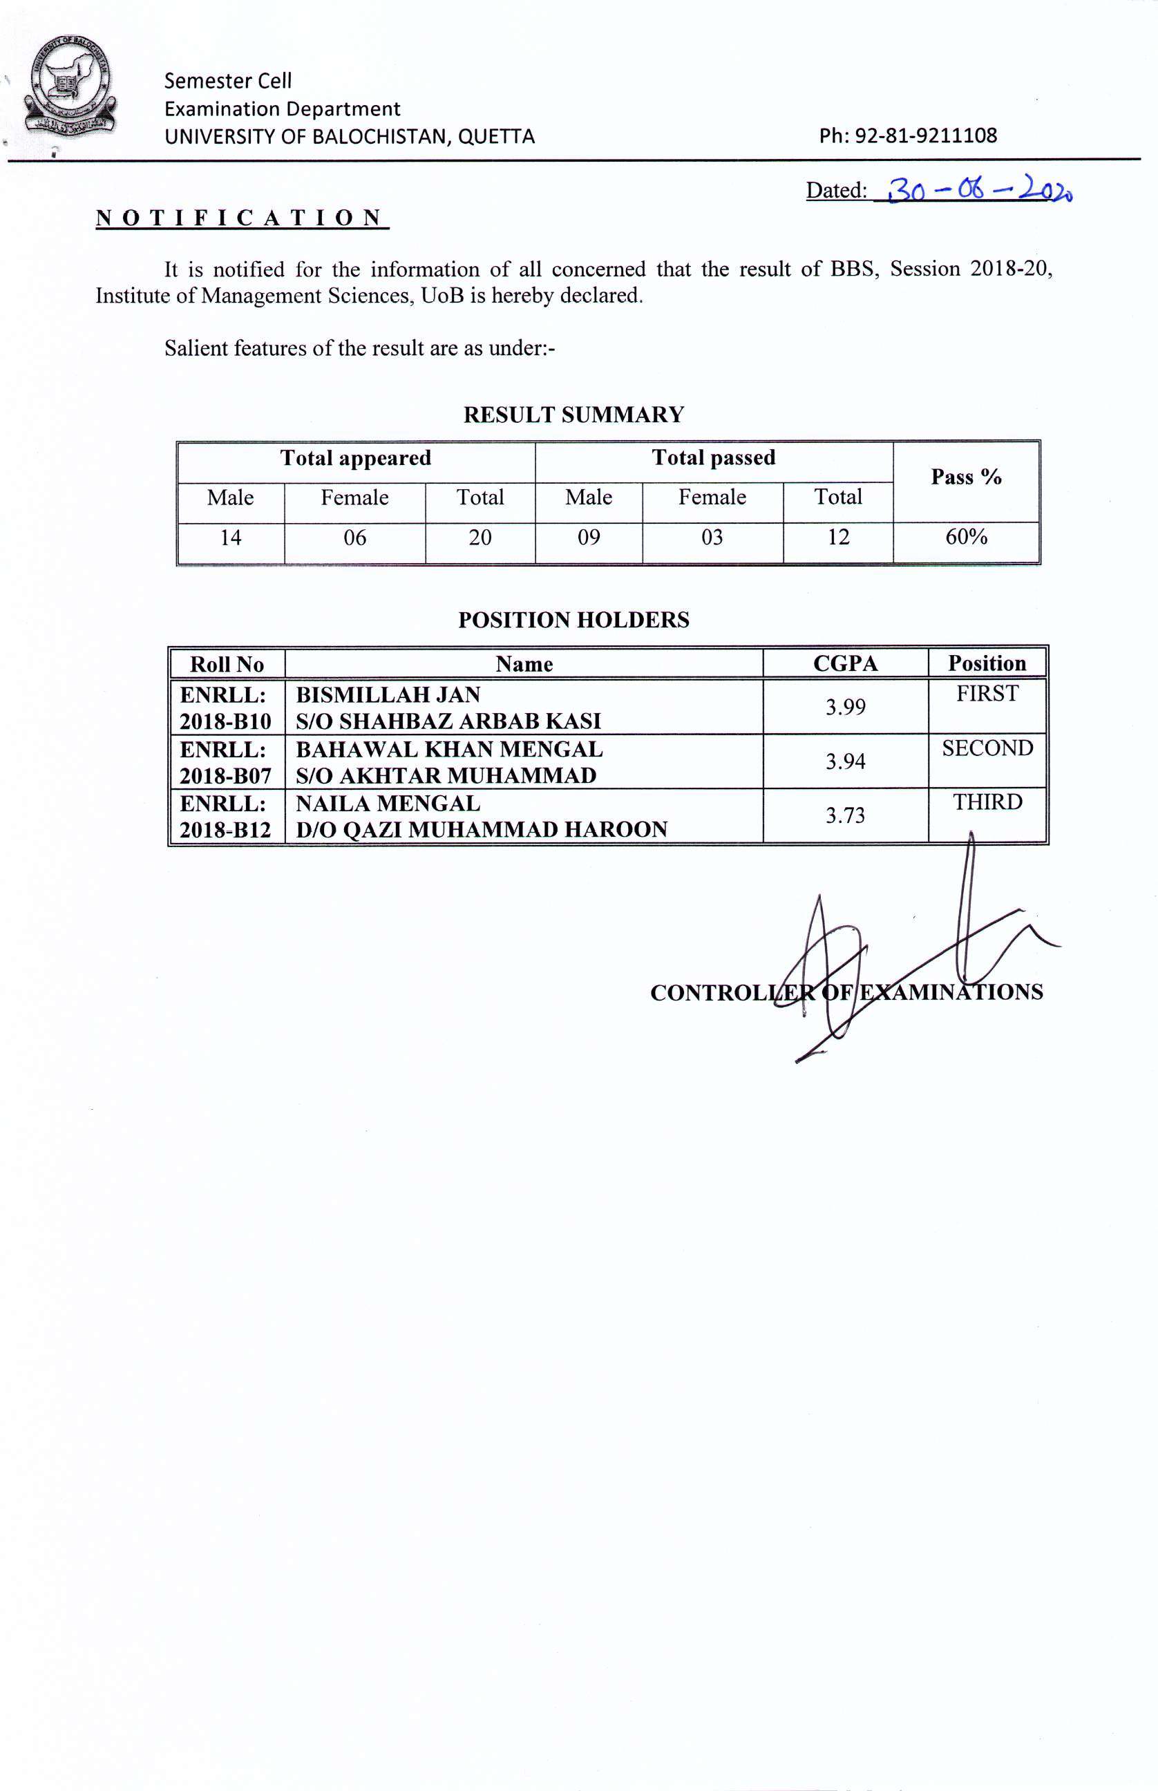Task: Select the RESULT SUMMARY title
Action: point(573,415)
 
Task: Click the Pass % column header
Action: point(965,477)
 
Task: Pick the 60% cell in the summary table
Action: point(965,538)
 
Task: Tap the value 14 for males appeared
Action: point(230,538)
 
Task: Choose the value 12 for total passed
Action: point(837,538)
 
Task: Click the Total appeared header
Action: point(356,458)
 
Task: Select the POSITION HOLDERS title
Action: point(573,620)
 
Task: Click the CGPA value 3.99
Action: point(845,707)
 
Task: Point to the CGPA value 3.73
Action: point(845,816)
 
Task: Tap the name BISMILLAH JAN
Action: point(388,694)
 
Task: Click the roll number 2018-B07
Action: point(225,775)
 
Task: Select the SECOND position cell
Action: point(987,749)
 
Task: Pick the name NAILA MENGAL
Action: point(388,804)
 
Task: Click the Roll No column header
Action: point(227,665)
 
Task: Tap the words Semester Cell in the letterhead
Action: point(228,80)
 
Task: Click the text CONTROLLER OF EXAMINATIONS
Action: point(846,993)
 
